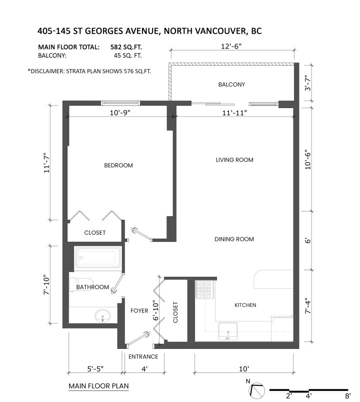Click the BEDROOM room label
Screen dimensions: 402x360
click(x=118, y=166)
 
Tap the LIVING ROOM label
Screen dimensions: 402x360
click(x=234, y=160)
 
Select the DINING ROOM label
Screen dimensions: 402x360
click(x=234, y=239)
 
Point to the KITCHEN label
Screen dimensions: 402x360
click(x=245, y=305)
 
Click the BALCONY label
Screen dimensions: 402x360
click(x=231, y=85)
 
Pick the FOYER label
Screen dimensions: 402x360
click(x=139, y=311)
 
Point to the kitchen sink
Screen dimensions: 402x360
click(x=227, y=331)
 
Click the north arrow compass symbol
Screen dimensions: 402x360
click(x=257, y=389)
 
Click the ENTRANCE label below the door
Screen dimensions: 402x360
click(x=143, y=357)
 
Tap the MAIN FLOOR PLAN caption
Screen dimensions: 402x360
click(x=98, y=386)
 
